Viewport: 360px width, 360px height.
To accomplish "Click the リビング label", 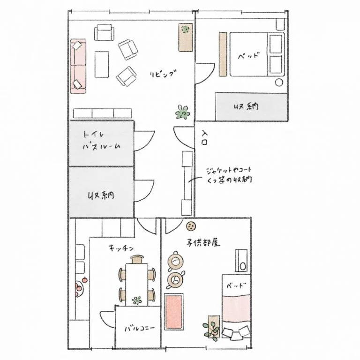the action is tap(164, 74).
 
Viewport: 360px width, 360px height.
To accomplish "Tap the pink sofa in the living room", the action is tap(78, 66).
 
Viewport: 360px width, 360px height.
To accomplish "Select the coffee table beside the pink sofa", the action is tap(102, 65).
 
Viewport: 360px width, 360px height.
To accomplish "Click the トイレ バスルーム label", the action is tap(101, 141).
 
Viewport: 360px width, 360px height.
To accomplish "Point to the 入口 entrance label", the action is tap(204, 137).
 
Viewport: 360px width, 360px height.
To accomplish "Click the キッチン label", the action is tap(121, 248).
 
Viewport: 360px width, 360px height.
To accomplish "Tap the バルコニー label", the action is tap(140, 328).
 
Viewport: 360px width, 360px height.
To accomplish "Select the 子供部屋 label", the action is tap(203, 243).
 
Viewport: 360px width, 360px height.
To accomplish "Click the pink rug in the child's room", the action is tap(174, 312).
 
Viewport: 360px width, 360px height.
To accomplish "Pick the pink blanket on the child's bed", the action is tap(236, 307).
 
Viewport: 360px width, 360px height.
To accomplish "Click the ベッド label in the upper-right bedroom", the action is tap(248, 56).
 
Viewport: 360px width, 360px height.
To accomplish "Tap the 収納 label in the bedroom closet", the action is tap(246, 106).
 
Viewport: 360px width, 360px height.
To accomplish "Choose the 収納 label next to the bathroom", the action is tap(101, 195).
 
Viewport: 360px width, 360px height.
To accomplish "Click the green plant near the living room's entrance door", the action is tap(183, 112).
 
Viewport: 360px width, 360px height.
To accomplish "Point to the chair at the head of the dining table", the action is tap(137, 259).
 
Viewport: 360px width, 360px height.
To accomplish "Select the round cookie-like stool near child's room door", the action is tap(191, 226).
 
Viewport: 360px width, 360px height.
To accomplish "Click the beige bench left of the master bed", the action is tap(223, 54).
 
